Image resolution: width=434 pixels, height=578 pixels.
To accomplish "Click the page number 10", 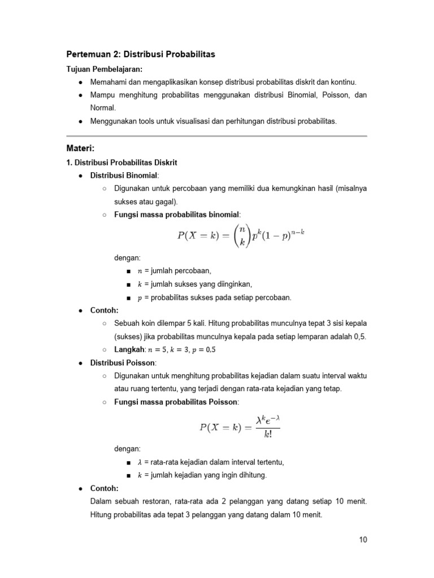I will (x=362, y=540).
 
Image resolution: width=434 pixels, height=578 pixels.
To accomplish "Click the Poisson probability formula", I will (x=240, y=427).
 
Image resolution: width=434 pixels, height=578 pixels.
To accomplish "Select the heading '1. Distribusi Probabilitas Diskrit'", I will (x=122, y=163).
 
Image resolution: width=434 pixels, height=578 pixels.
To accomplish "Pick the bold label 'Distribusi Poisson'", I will (x=123, y=362).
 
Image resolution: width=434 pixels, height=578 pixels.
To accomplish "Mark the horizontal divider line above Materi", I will (x=217, y=136).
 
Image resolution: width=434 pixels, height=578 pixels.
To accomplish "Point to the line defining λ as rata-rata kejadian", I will (x=211, y=462).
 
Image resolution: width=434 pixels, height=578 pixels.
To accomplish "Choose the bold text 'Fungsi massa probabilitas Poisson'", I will (x=176, y=402).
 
